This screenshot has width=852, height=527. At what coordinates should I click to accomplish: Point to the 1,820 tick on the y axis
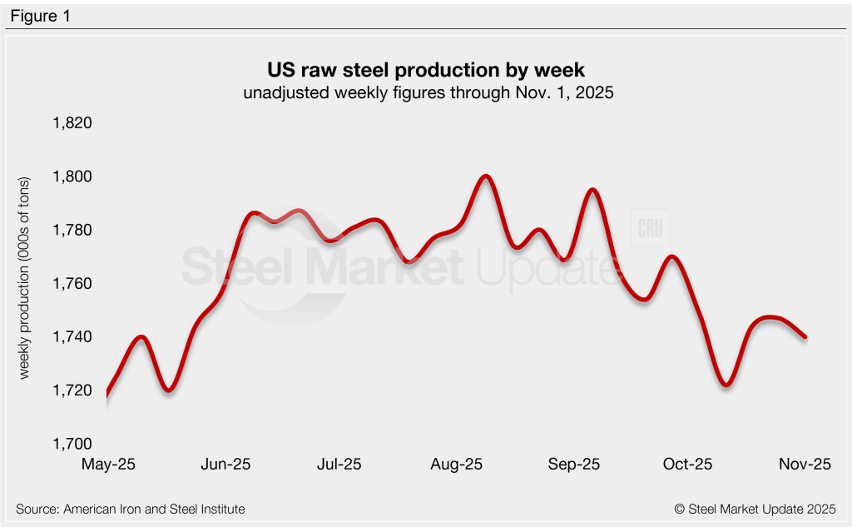click(72, 123)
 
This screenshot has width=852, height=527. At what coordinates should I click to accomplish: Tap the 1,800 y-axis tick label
click(72, 176)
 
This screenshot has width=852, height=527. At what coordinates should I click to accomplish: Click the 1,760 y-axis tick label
click(72, 284)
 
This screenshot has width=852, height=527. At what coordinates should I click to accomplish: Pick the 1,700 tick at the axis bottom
click(72, 444)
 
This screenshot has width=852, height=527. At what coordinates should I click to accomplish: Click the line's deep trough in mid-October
click(726, 385)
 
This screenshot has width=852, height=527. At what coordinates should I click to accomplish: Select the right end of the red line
click(805, 336)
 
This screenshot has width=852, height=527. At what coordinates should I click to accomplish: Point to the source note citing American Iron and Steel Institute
click(131, 509)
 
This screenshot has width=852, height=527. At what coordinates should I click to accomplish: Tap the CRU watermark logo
click(650, 229)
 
